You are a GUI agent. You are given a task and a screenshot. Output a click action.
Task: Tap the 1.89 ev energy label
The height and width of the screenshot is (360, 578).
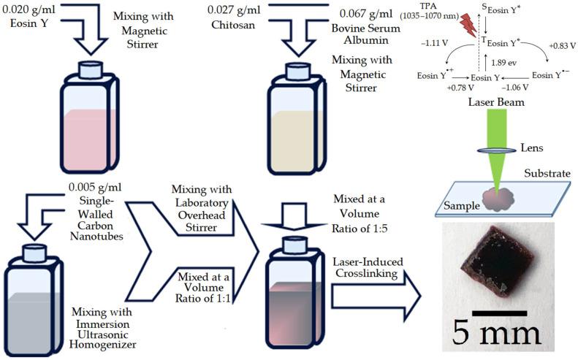coord(503,62)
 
